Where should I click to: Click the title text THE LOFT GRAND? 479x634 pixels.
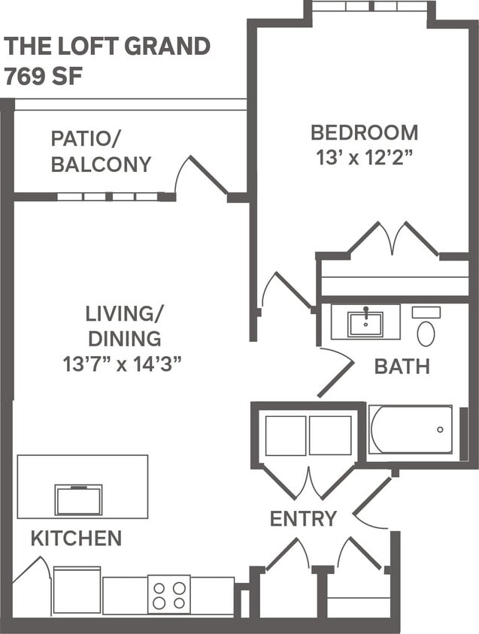tap(107, 47)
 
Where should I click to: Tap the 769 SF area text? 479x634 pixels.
tap(43, 77)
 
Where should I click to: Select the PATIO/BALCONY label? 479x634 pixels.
tap(101, 151)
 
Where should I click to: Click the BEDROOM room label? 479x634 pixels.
tap(364, 133)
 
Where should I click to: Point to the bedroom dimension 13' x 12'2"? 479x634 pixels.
tap(364, 158)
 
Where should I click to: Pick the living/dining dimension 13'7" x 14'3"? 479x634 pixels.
tap(123, 364)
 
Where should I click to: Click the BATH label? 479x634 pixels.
tap(402, 367)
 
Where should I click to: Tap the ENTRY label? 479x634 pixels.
tap(303, 518)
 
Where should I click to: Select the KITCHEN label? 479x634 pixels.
tap(76, 538)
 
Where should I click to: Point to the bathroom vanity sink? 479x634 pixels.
tap(365, 324)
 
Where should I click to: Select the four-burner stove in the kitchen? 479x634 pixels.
tap(169, 594)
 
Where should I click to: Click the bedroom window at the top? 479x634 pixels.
tap(369, 6)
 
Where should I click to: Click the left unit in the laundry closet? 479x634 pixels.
tap(286, 436)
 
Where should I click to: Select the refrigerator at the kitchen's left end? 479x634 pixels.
tap(77, 591)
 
